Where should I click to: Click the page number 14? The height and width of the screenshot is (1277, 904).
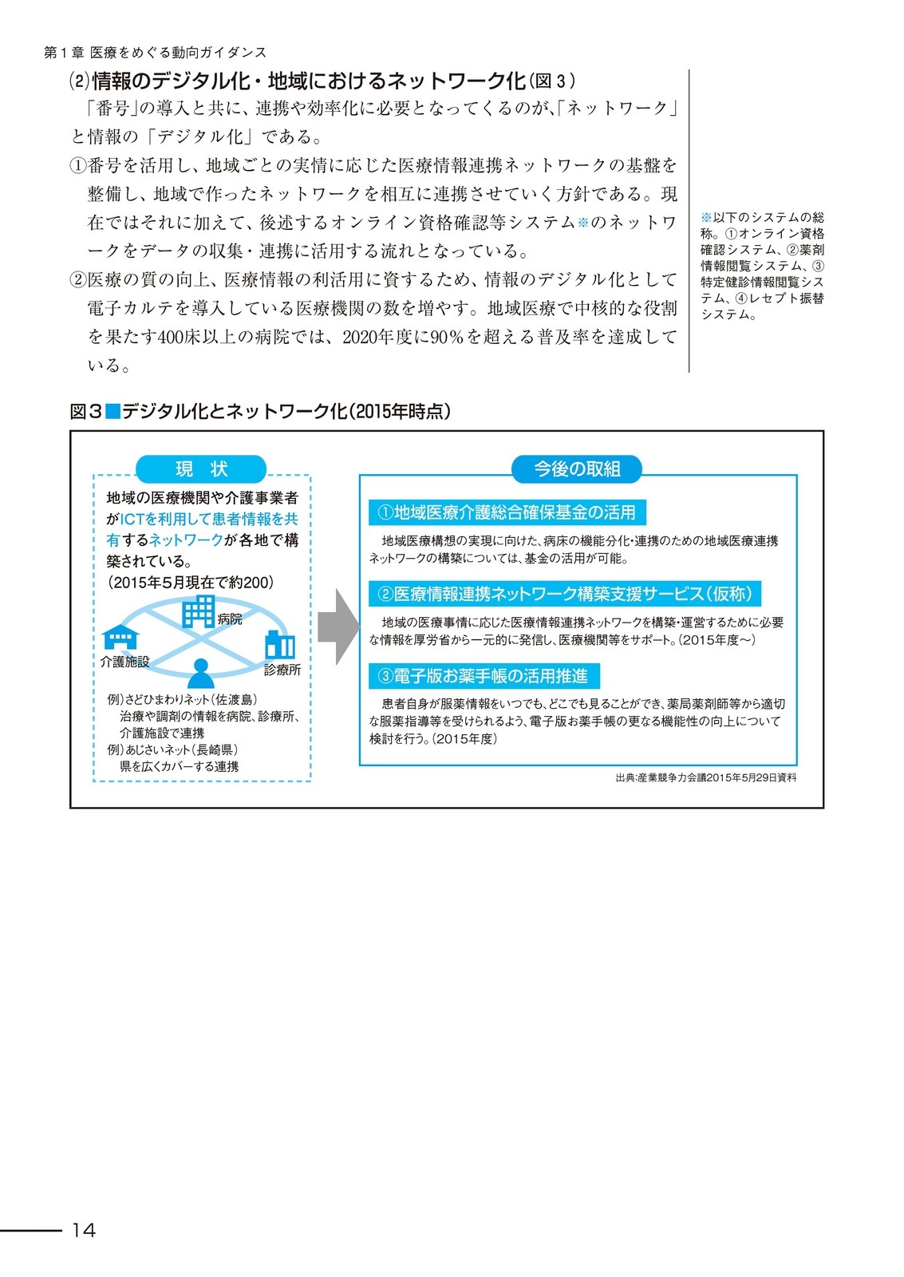[x=83, y=1230]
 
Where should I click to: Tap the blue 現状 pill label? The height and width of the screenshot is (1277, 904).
[x=201, y=468]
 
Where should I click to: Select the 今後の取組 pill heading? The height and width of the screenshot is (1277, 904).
[x=577, y=468]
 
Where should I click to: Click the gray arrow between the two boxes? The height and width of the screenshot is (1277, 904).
[x=338, y=627]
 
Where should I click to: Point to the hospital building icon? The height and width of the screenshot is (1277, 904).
[x=198, y=611]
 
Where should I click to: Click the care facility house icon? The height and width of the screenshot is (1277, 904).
[x=120, y=637]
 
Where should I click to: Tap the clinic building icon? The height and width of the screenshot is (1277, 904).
[x=280, y=645]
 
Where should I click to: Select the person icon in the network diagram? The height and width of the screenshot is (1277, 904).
[x=201, y=673]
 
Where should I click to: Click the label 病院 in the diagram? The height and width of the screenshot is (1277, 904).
[x=230, y=619]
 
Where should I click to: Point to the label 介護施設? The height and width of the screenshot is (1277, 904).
[x=124, y=662]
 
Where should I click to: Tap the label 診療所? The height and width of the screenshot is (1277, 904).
[x=282, y=670]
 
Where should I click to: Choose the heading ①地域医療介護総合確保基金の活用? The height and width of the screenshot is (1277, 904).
[x=507, y=512]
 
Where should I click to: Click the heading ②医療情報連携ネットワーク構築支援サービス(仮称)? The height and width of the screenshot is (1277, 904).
[x=564, y=594]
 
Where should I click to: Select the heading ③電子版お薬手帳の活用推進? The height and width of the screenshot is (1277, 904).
[x=484, y=676]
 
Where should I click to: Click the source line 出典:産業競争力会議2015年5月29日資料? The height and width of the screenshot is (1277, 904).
[x=705, y=777]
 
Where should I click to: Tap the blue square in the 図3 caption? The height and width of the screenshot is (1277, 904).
[x=113, y=411]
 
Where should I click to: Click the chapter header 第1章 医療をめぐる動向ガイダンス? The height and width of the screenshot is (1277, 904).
[x=155, y=52]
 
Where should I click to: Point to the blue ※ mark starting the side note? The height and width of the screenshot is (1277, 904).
[x=706, y=217]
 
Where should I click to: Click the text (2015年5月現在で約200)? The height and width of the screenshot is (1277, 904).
[x=190, y=583]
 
